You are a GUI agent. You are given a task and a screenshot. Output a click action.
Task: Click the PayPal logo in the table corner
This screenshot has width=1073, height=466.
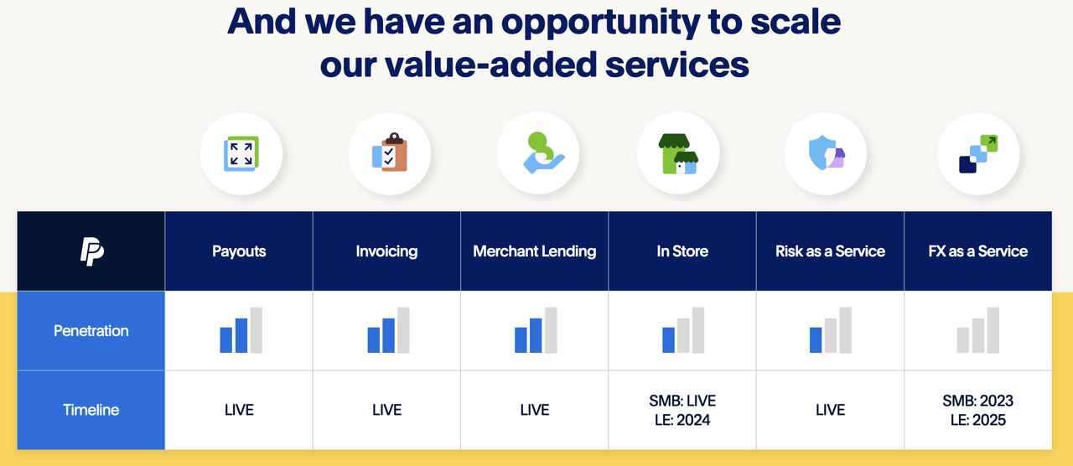coord(91,251)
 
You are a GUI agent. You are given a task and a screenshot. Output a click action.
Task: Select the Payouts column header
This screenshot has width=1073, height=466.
coord(239,251)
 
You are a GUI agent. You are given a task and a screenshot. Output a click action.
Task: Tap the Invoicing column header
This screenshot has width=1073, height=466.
coord(386,251)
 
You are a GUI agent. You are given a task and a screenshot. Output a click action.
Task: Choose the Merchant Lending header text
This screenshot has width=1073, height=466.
coord(535,251)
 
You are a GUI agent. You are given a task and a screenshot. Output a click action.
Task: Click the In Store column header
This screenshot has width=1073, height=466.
coord(682,251)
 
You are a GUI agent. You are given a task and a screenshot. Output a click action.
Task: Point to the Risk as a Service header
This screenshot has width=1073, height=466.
coord(830,251)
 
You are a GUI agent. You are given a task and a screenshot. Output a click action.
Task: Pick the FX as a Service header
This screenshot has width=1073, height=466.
coord(977,251)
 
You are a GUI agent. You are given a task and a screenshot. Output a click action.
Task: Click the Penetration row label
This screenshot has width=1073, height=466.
coord(91,331)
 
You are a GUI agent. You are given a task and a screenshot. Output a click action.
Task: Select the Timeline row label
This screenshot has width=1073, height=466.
coord(91,410)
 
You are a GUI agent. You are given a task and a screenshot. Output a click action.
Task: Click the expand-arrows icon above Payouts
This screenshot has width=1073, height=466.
coord(241,154)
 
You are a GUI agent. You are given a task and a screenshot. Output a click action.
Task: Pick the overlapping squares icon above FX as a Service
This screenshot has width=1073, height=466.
coord(978,154)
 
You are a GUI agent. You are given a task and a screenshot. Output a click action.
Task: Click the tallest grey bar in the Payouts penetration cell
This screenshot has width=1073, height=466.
coord(257,330)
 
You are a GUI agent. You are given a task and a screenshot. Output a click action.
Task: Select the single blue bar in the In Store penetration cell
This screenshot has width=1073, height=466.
coord(668,339)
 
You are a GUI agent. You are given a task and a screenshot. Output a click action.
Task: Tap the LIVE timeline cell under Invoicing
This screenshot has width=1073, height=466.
coord(386,410)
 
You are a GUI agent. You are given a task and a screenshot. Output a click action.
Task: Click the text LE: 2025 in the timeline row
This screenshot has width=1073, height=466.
coord(977,420)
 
